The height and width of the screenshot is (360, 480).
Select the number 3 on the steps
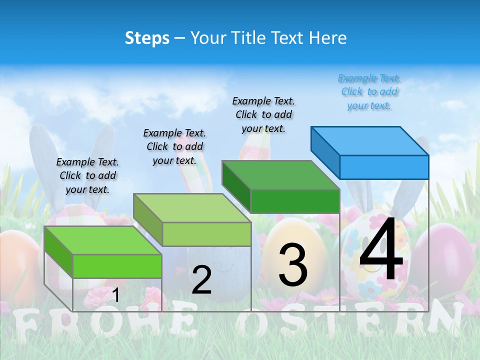point(293,265)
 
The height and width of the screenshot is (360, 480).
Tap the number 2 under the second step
point(202,280)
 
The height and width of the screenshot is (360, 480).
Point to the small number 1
point(115,295)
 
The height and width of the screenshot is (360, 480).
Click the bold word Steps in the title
point(147,38)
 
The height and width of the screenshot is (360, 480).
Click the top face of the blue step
point(370,141)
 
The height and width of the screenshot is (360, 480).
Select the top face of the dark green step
point(280,175)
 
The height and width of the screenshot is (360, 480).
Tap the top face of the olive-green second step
point(192,208)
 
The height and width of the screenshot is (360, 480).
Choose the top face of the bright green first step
point(103,240)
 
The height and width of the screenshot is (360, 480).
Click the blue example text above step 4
point(369,92)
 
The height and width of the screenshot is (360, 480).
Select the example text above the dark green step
point(263,114)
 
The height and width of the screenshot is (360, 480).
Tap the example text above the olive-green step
point(174,146)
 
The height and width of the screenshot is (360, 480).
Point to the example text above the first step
point(87,175)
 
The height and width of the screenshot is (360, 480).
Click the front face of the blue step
point(384,167)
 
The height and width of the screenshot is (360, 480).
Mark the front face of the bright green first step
point(117,266)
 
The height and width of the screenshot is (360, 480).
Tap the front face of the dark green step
point(295,201)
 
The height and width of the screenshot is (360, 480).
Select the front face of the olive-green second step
point(206,234)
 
